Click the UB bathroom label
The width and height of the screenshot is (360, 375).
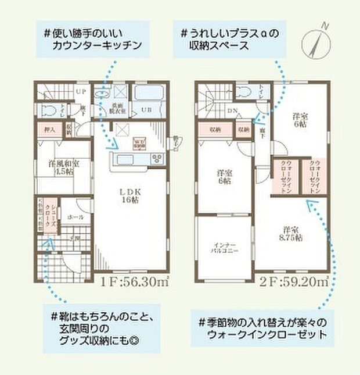tap(148, 109)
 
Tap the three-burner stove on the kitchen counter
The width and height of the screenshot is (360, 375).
tap(158, 158)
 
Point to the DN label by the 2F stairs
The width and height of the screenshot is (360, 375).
tap(231, 110)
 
